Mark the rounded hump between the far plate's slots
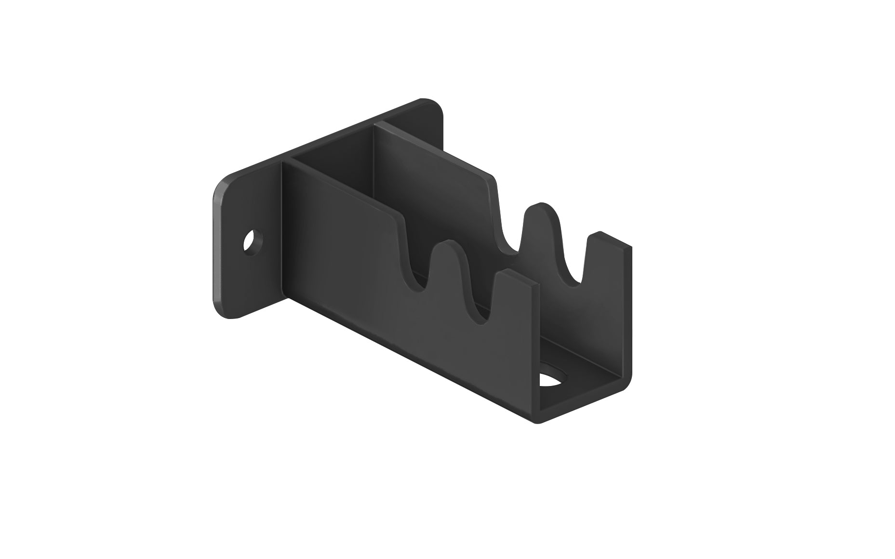point(542,212)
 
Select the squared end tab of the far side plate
point(607,246)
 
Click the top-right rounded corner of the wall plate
point(436,106)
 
